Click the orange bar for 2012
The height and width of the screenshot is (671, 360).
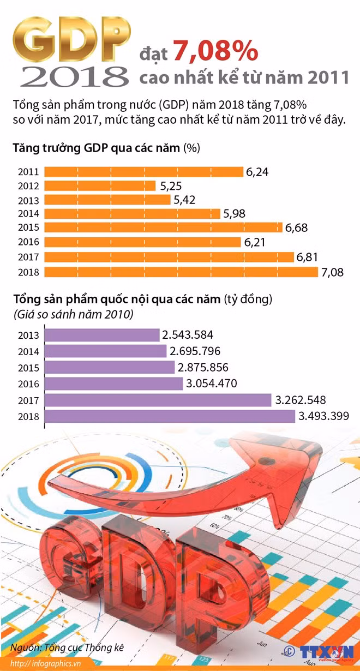click(x=100, y=186)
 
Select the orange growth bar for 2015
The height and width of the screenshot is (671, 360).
click(x=163, y=227)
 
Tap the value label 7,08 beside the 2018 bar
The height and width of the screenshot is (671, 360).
click(x=333, y=272)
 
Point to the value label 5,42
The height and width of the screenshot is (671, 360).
click(x=185, y=200)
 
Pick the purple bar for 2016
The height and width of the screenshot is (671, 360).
click(x=113, y=384)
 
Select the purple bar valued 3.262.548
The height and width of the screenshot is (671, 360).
click(x=158, y=400)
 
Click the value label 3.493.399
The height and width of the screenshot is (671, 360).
click(x=323, y=417)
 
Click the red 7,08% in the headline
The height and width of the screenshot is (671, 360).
click(x=215, y=51)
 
